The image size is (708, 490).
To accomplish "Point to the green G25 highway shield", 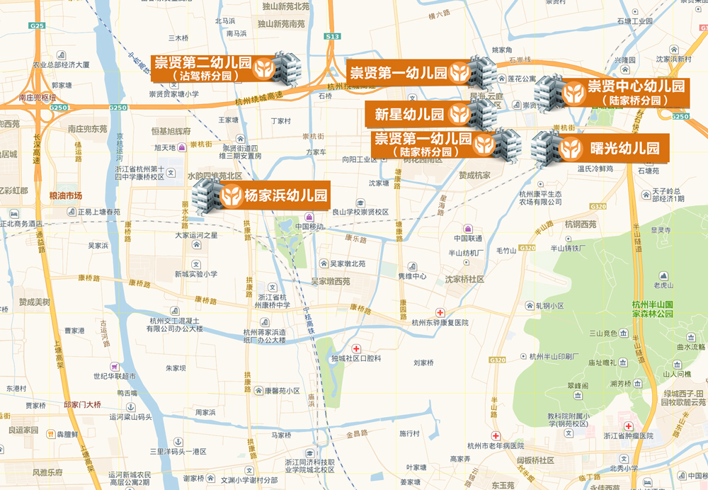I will click(38, 26).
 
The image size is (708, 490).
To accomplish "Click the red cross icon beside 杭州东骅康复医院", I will click(440, 312).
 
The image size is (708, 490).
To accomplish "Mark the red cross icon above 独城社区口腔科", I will click(356, 348).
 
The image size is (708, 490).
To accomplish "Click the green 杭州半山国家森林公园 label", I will click(662, 309).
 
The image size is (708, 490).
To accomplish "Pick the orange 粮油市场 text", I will click(66, 195).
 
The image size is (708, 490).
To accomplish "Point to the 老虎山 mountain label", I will click(663, 285).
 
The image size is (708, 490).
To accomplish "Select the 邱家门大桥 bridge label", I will click(83, 404).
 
